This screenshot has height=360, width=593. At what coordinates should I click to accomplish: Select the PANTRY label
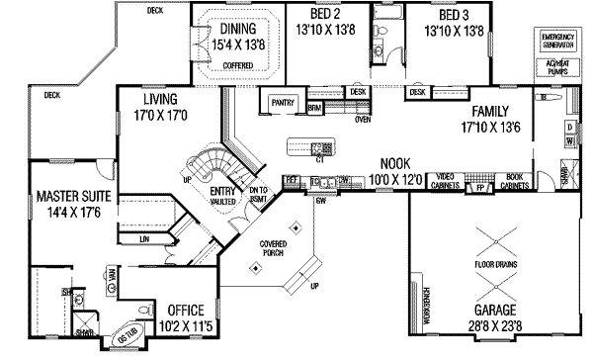[284, 102]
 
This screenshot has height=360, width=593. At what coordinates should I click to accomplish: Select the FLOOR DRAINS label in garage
[497, 266]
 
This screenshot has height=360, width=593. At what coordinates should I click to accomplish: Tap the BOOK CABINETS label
[514, 182]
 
